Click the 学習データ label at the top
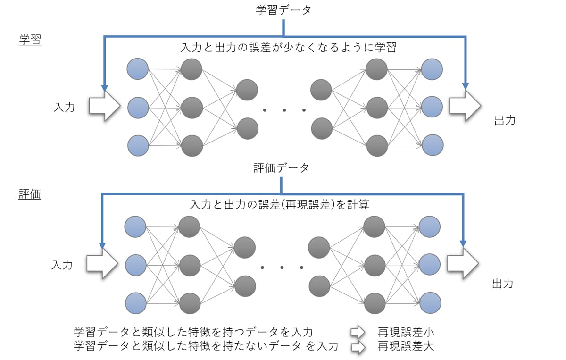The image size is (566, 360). (x=283, y=10)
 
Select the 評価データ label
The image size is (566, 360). (x=281, y=167)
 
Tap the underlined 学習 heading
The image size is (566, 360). (x=30, y=40)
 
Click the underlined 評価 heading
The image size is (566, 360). (x=30, y=194)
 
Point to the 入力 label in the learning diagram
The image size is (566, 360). (x=64, y=107)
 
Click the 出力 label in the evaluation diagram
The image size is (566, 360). (x=503, y=284)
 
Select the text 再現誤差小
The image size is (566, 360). (x=406, y=332)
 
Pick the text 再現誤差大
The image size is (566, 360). (x=406, y=346)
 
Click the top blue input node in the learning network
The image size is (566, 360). (x=138, y=69)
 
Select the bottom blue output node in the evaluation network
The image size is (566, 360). (x=431, y=302)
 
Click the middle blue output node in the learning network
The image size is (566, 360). (x=432, y=107)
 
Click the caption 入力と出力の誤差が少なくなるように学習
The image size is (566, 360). (x=288, y=48)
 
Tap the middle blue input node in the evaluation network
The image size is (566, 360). (x=135, y=265)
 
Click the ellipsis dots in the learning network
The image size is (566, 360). (x=284, y=110)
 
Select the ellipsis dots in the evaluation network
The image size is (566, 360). (x=282, y=268)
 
